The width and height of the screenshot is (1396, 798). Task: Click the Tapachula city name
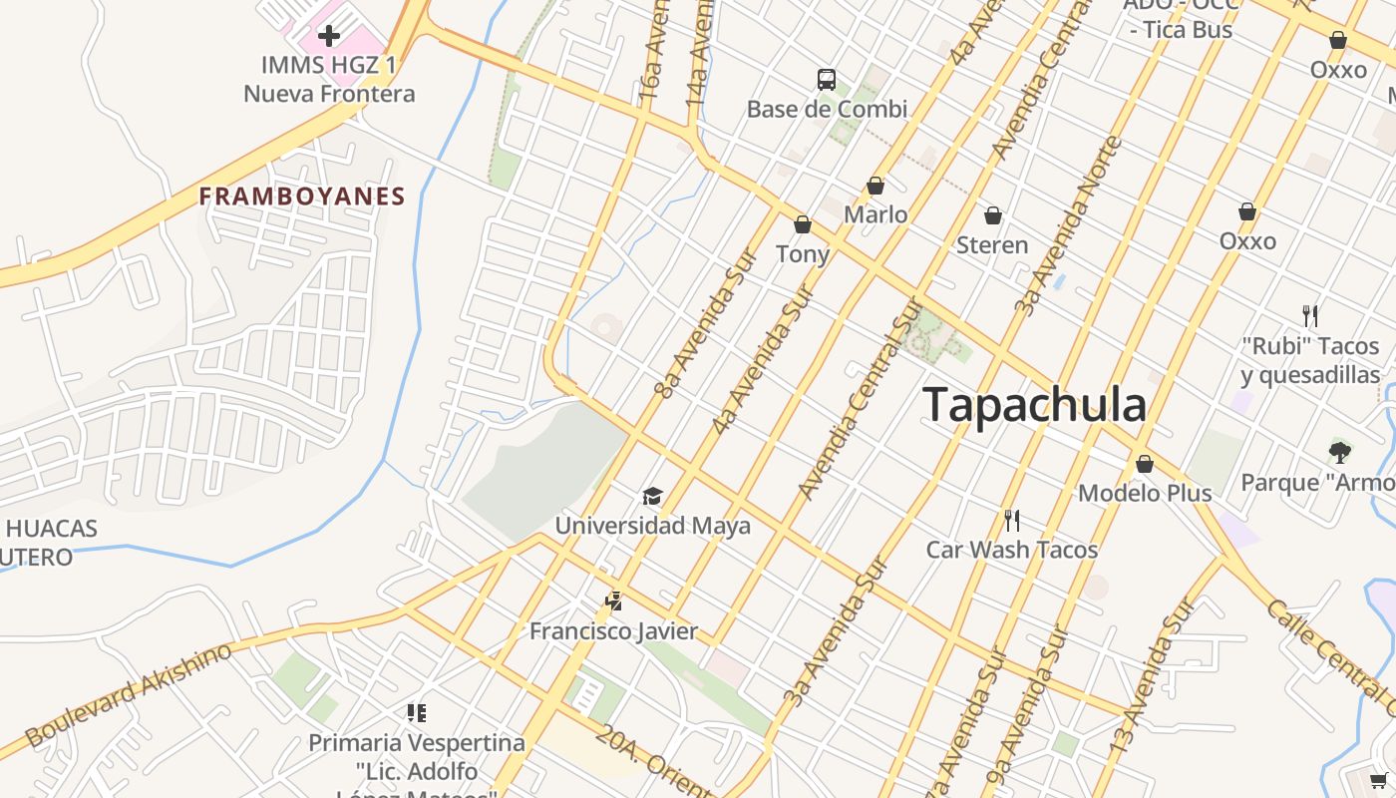pos(1034,405)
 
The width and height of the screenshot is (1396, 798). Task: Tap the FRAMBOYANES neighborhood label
pos(302,196)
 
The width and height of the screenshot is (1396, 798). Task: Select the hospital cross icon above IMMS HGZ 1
pos(328,37)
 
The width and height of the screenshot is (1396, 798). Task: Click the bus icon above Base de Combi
pos(827,80)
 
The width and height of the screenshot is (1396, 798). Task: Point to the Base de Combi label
pos(827,109)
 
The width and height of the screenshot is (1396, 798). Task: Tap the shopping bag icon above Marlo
pos(875,186)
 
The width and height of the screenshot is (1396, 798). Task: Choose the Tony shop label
pos(803,253)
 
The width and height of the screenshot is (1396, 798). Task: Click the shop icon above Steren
pos(992,215)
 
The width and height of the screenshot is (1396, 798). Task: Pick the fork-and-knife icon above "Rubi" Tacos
pos(1310,316)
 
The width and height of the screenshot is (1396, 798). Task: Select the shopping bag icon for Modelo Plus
pos(1145,464)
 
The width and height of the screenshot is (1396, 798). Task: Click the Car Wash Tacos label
pos(1011,550)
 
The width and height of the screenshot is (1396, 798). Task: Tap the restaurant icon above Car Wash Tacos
pos(1011,520)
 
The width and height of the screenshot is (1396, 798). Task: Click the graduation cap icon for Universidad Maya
pos(652,496)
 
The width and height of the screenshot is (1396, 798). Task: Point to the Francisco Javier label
pos(613,631)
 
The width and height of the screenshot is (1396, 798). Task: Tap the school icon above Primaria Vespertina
pos(416,712)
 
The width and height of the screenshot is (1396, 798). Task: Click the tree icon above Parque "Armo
pos(1340,452)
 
